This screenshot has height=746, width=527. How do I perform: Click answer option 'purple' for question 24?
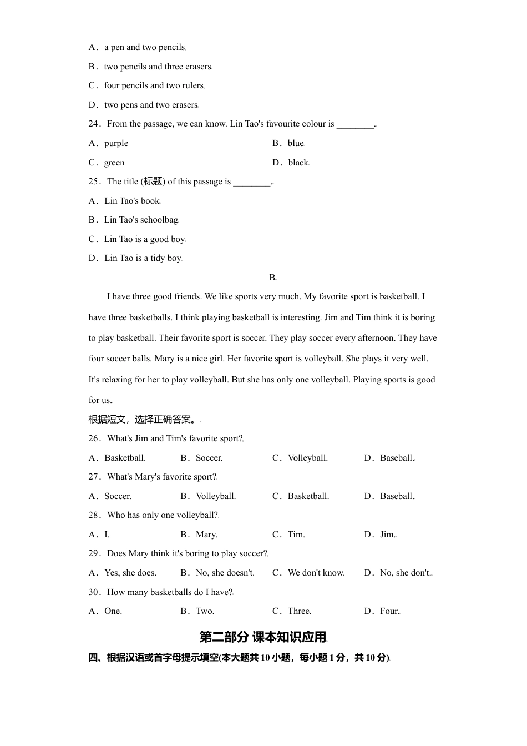coord(116,143)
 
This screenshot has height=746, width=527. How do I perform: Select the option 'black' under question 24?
coord(298,163)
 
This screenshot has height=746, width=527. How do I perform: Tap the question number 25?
coord(94,182)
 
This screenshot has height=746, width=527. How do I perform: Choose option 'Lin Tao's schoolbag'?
coord(141,220)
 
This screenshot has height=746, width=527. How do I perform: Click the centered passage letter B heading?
coord(272,278)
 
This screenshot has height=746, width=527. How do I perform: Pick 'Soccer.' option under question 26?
coord(209,458)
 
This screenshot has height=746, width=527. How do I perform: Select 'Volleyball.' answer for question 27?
coord(216,496)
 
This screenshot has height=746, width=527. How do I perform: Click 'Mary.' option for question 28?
coord(206,535)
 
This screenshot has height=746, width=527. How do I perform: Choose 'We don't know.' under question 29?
coord(316,573)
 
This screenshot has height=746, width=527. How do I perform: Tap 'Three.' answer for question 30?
coord(300,611)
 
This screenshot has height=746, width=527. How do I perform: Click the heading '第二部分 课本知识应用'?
coord(263,637)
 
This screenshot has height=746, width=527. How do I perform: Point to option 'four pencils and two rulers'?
coord(154,85)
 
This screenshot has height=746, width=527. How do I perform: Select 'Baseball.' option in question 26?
coord(397,458)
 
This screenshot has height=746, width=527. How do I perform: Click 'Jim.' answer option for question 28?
coord(387,535)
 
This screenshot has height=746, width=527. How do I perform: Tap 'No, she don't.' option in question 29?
coord(405,573)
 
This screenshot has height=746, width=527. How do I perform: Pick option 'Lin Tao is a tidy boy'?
coord(143,258)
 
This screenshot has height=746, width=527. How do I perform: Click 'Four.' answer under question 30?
coord(389,611)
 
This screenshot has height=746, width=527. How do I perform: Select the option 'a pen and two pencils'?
coord(144,47)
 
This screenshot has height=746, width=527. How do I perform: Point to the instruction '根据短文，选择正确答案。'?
coord(140,420)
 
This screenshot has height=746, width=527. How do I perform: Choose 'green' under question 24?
coord(114,163)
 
